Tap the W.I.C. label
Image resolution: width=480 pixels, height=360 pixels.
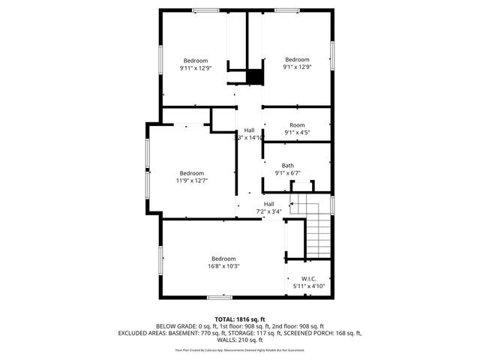coord(307,278)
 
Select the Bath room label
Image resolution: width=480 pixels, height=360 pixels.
coord(288,166)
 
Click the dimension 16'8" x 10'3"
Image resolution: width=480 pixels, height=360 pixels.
coord(223,266)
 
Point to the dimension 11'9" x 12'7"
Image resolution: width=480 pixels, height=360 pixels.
coord(192,180)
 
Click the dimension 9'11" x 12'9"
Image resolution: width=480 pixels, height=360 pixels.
coord(196,67)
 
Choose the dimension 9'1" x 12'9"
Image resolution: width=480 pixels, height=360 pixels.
coord(297,67)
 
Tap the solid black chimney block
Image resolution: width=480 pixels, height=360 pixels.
coord(256,76)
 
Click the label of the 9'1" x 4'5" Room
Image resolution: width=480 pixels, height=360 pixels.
coord(297,124)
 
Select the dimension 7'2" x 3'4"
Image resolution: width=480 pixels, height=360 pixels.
coord(268,211)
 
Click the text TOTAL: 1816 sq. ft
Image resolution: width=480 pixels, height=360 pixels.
coord(240,319)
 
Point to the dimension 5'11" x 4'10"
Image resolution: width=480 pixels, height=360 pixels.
coord(307,286)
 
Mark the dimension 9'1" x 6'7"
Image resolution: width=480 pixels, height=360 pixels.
coord(288,173)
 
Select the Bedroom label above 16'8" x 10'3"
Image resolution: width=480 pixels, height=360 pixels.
coord(223,259)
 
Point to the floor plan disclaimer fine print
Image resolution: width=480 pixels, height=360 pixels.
coord(240,349)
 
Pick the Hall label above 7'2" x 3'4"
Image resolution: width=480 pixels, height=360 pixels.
coord(268,204)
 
